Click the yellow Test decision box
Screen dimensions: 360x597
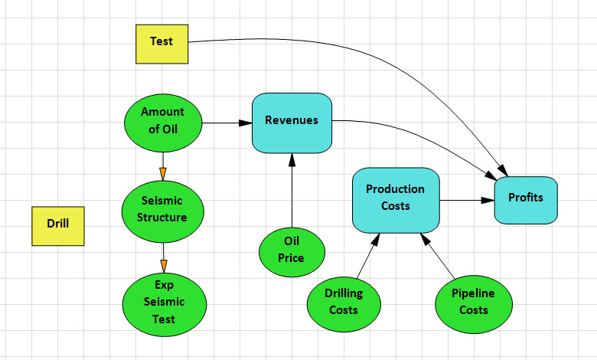(161, 43)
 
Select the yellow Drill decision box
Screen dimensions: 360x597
(57, 225)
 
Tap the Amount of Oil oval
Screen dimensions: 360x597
(162, 121)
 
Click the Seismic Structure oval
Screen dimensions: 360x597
(162, 209)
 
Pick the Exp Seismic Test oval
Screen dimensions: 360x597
(164, 302)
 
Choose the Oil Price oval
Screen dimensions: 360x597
(292, 250)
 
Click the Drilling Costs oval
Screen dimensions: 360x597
(344, 302)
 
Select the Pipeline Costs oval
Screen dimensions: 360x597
(473, 302)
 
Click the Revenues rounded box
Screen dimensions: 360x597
(292, 122)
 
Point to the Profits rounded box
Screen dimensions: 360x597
(525, 199)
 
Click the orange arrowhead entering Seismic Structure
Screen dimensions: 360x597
(162, 174)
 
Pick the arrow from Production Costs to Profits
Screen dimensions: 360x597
(467, 200)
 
